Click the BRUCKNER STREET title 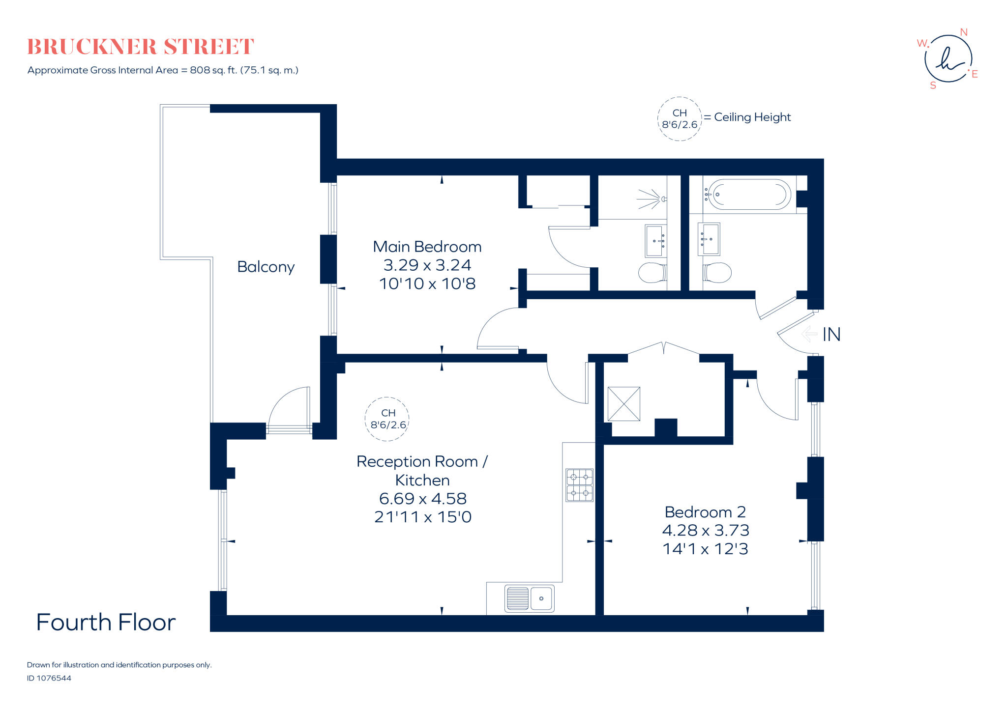[x=141, y=47]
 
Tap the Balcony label [x=266, y=267]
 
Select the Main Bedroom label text [x=427, y=247]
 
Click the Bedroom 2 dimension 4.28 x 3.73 [x=705, y=530]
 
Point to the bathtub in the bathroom [x=749, y=195]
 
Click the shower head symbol [x=652, y=199]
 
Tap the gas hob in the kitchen [x=579, y=485]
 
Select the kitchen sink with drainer [x=529, y=598]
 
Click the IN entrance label [x=831, y=335]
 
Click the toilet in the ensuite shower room [x=652, y=273]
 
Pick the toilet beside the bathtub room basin [x=717, y=273]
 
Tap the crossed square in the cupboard [x=623, y=404]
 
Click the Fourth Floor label [x=106, y=623]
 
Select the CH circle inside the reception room [x=387, y=419]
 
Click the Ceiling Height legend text [x=752, y=117]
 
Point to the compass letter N [x=964, y=32]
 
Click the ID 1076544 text [x=49, y=678]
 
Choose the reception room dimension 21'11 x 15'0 [x=423, y=517]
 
